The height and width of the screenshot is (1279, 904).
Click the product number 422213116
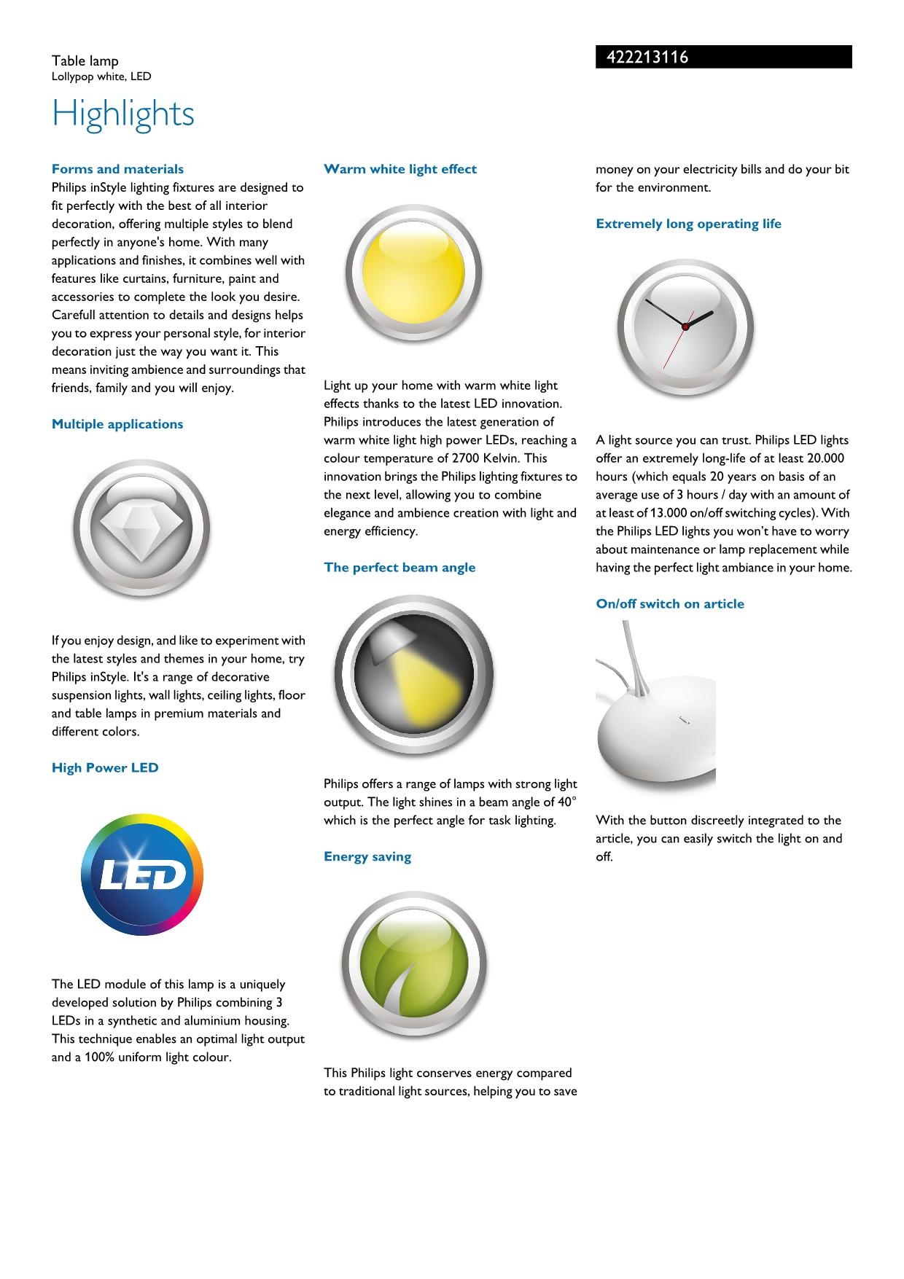point(647,58)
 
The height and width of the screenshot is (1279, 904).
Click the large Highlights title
point(123,114)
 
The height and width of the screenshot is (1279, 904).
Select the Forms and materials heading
point(117,169)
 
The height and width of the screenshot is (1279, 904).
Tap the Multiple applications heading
point(117,424)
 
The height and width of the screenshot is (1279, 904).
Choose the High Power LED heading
point(105,767)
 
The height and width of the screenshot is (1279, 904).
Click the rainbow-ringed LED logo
point(142,875)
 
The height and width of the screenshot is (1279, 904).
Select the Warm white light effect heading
point(400,169)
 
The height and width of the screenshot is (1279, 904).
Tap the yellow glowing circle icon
point(413,273)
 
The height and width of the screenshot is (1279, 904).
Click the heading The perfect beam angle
point(400,568)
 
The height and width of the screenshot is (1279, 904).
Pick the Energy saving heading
point(367,857)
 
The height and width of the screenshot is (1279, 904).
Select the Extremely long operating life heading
point(688,224)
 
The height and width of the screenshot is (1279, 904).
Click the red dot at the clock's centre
point(685,326)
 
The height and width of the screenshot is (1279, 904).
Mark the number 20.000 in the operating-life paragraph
point(825,458)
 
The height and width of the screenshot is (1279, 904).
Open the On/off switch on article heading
point(670,604)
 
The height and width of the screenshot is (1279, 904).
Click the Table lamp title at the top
point(85,61)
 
